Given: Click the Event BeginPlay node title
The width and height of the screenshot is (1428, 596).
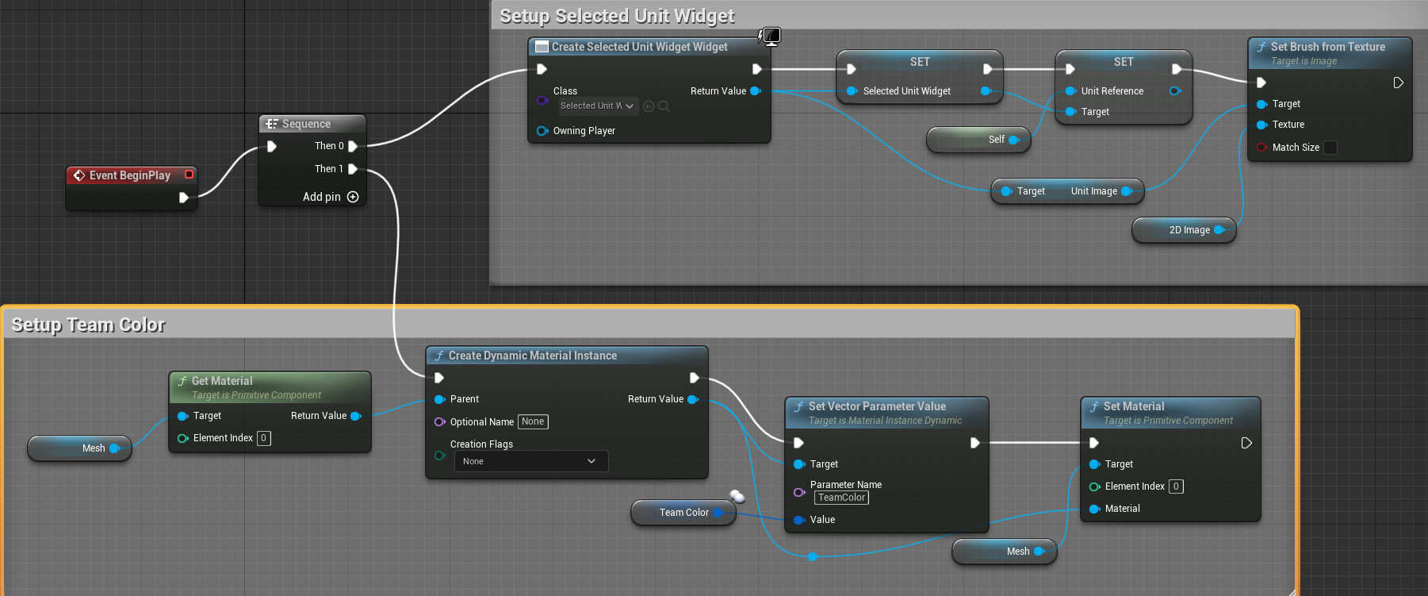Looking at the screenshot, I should click(x=129, y=175).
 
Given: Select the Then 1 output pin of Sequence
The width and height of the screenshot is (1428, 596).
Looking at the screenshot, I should click(x=353, y=169).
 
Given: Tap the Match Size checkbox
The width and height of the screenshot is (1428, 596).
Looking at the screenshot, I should click(x=1330, y=148).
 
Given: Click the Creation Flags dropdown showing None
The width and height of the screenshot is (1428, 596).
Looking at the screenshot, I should click(x=530, y=461).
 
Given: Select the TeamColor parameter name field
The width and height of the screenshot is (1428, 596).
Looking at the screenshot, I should click(x=841, y=498).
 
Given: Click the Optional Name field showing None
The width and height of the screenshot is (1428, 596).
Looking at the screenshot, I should click(x=533, y=421).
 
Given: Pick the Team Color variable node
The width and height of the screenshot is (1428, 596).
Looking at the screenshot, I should click(x=683, y=513).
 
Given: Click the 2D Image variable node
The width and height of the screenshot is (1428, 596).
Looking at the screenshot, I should click(x=1189, y=230).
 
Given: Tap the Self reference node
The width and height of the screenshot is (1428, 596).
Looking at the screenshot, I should click(x=995, y=140).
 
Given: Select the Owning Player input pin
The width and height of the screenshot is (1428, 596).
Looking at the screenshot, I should click(x=542, y=131).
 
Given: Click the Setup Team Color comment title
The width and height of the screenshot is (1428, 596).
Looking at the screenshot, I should click(x=88, y=325).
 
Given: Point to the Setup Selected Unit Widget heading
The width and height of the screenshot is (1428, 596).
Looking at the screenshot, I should click(x=616, y=16).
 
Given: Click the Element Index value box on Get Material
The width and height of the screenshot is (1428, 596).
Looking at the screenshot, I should click(x=264, y=438).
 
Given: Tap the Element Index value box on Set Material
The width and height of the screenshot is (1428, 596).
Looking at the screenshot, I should click(x=1176, y=486).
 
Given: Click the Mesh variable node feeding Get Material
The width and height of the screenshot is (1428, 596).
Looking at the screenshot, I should click(x=93, y=448).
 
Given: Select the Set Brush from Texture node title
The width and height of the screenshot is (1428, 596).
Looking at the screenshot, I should click(x=1327, y=47).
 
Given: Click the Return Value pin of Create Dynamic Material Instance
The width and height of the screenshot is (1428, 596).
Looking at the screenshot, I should click(x=693, y=399).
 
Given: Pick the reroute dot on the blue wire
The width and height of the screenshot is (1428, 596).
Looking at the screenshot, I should click(x=812, y=557).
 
